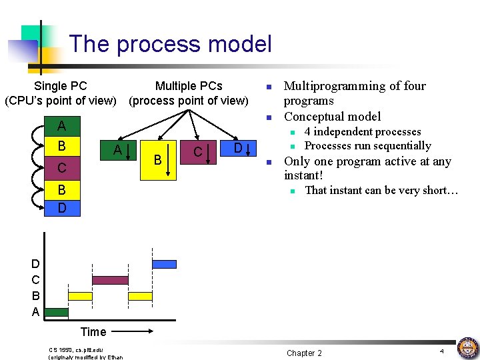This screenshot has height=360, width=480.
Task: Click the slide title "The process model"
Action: click(170, 44)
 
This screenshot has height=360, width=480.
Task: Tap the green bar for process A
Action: click(57, 311)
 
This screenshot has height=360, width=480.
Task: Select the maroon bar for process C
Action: click(110, 280)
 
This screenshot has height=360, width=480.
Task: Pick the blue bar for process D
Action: click(164, 264)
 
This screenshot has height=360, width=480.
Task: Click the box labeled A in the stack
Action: click(61, 126)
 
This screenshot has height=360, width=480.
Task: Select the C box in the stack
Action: click(61, 167)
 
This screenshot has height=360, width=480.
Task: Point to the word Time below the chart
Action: click(93, 331)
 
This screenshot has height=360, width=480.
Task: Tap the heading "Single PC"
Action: click(60, 86)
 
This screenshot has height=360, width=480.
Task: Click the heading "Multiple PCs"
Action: click(189, 86)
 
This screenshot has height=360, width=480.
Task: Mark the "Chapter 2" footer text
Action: click(304, 353)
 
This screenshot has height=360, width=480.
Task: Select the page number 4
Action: click(441, 351)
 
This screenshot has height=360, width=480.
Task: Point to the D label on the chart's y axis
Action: click(35, 265)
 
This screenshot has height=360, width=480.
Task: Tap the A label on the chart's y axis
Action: click(35, 312)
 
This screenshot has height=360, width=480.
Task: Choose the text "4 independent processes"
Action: click(363, 132)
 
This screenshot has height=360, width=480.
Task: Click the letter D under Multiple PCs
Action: click(237, 147)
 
